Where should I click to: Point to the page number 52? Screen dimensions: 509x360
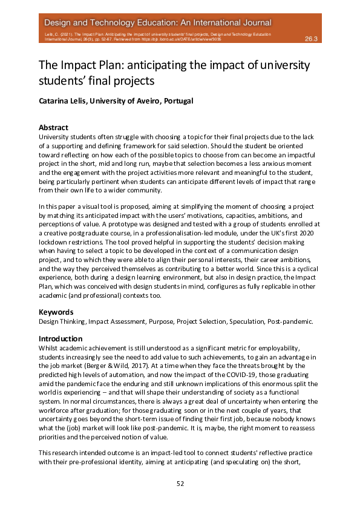180,483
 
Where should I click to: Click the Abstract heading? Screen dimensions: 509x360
53,128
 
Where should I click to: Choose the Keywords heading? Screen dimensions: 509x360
56,312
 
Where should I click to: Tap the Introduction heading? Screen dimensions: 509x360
61,338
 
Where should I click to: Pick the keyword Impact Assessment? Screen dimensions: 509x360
120,321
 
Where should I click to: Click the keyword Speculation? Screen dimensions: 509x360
242,321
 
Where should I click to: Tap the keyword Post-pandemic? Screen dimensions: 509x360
290,321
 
